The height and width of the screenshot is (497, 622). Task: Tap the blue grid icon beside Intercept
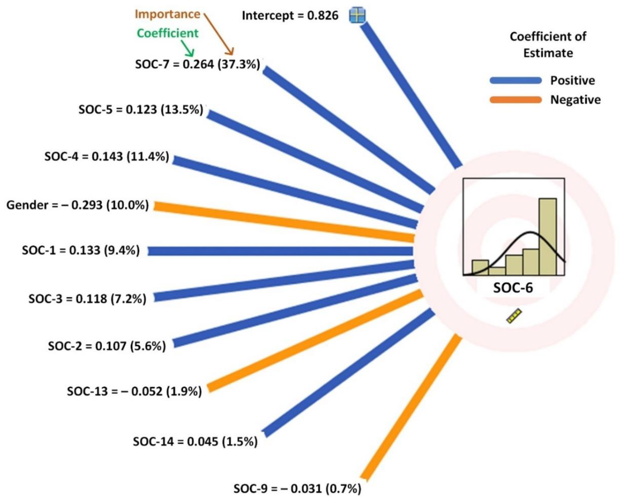[x=357, y=15]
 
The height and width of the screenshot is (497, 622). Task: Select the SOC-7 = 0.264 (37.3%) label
[x=198, y=64]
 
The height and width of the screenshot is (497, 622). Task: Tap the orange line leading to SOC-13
[x=314, y=341]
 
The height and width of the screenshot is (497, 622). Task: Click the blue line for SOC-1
[x=280, y=251]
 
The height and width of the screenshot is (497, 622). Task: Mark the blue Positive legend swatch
[x=516, y=80]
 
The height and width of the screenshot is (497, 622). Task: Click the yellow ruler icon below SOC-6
[x=514, y=316]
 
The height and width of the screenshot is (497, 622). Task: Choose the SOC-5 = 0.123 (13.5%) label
[x=141, y=109]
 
